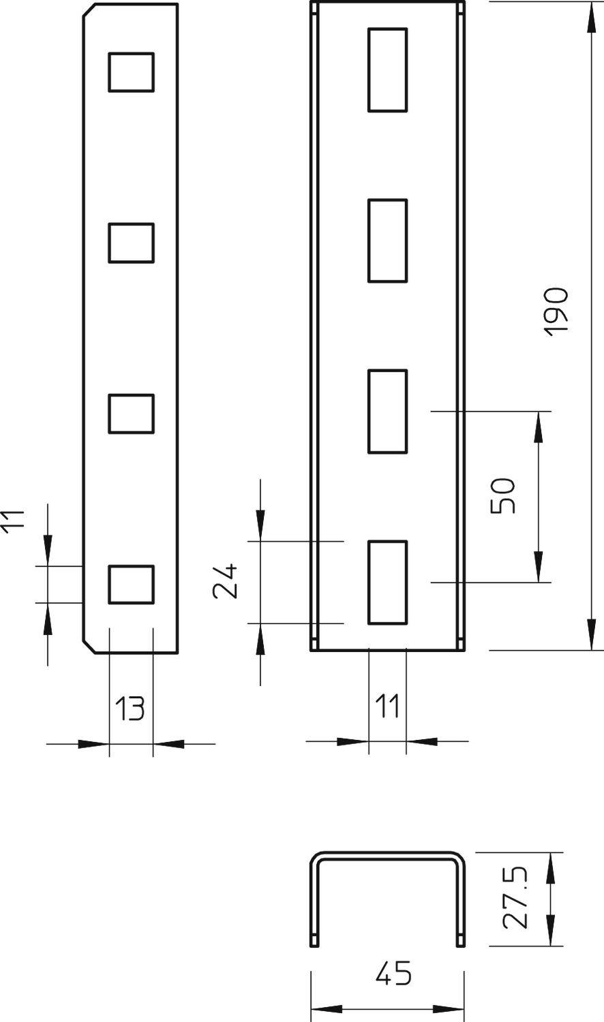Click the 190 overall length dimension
(556, 311)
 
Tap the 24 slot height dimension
(225, 580)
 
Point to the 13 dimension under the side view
(130, 709)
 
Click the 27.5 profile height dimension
(515, 899)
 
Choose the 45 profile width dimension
(393, 974)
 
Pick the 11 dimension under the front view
(388, 707)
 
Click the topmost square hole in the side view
(131, 72)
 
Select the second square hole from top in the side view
(131, 243)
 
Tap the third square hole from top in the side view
(131, 414)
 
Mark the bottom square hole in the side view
(131, 584)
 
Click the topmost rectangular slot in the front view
(388, 69)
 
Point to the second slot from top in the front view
(388, 241)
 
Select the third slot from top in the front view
(388, 412)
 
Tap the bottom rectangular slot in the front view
(388, 583)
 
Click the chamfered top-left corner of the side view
(89, 10)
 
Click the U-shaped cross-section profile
(388, 855)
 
